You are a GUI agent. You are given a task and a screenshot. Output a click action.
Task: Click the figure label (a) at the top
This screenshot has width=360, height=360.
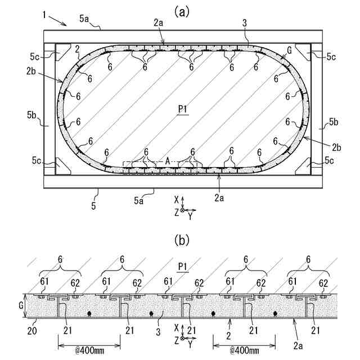click(181, 10)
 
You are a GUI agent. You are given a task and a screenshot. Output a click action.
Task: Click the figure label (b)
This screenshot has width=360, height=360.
click(181, 240)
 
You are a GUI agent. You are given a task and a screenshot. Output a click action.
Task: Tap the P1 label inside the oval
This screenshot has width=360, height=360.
click(181, 110)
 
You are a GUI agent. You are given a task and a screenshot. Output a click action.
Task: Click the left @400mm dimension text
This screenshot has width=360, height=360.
click(89, 349)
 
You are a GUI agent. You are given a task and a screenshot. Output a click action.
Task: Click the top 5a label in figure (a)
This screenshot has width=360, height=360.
click(84, 19)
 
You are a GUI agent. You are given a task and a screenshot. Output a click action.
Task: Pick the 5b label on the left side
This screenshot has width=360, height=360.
click(31, 115)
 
